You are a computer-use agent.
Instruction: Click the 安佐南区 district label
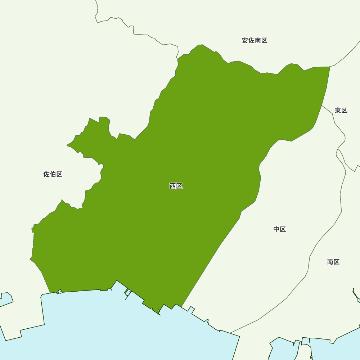255,41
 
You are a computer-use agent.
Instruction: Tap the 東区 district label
341,111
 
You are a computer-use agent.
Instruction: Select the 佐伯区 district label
53,174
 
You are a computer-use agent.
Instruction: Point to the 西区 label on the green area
176,186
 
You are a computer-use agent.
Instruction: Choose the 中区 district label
280,229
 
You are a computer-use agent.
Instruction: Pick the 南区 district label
333,262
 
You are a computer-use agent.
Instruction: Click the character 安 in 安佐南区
245,41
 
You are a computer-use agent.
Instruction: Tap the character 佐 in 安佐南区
251,41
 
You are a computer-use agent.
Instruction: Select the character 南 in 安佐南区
258,41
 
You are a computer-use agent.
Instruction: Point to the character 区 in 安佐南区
264,41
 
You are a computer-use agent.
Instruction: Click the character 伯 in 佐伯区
53,174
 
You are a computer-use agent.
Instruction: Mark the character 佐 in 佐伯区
47,174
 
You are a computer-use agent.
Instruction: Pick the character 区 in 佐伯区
59,174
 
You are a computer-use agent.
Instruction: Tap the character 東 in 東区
338,111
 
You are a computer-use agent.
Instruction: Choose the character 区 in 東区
344,111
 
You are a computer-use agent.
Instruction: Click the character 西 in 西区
173,186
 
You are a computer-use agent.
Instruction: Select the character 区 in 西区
179,186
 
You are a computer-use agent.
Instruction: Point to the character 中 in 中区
276,229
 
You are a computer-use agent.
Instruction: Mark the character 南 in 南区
330,262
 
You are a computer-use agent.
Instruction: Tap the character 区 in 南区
337,262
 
